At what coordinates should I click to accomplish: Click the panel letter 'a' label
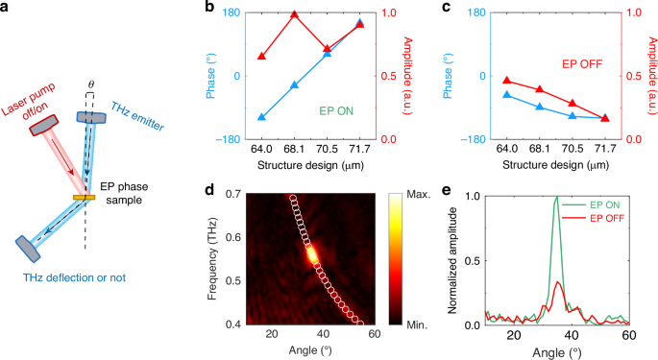coord(8,9)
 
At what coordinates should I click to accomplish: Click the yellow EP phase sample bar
coord(80,198)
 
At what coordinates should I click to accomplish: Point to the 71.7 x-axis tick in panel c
coord(604,150)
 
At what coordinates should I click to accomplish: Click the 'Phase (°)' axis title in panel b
coord(209,75)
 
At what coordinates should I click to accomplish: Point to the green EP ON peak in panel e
coord(555,199)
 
